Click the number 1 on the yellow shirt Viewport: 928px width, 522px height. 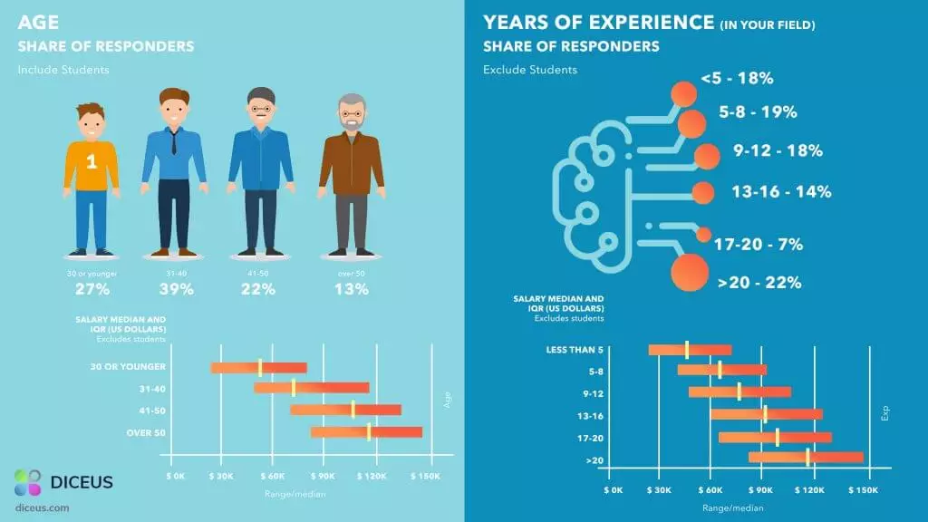92,161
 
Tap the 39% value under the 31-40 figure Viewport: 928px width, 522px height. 177,289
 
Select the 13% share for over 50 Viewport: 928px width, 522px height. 352,289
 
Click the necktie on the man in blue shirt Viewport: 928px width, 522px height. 173,142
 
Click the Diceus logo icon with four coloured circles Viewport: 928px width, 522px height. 28,482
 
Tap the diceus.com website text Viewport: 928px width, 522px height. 42,507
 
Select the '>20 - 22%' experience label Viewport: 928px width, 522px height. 759,283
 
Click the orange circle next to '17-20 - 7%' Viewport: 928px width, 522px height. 703,235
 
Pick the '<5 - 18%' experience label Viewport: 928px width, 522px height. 737,78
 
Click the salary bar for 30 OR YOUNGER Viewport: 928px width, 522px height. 258,368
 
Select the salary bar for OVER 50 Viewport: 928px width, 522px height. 366,432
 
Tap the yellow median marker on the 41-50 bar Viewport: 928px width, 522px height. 353,410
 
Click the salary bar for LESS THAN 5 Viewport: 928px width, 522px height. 690,350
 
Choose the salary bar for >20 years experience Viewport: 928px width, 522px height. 806,457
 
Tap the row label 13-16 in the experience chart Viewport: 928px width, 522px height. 590,416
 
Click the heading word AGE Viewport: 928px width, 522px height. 38,23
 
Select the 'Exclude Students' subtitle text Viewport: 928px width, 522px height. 529,69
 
